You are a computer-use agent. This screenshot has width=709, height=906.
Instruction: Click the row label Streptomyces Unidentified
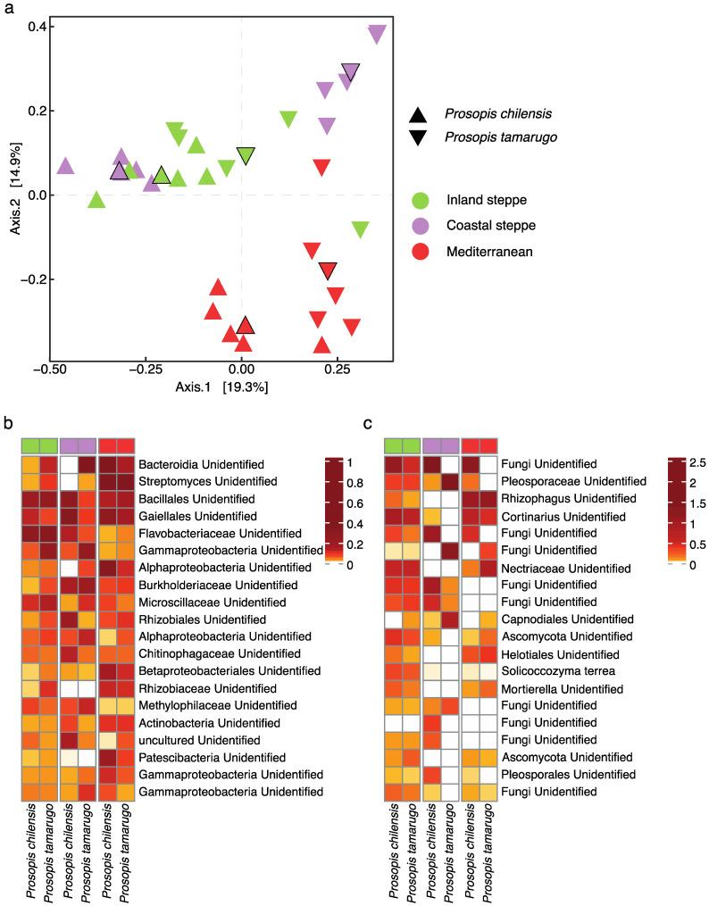202,482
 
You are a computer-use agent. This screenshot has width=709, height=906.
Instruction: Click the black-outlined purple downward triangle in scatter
351,72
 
